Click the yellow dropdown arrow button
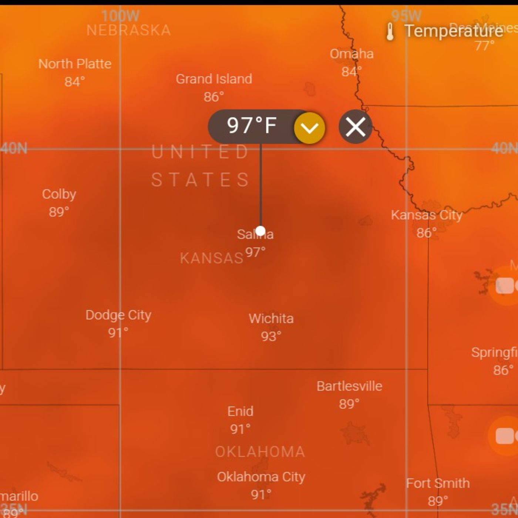click(309, 128)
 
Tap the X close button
click(355, 127)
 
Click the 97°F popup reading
click(252, 125)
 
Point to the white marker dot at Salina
click(260, 231)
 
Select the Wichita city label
click(271, 319)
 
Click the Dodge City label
click(118, 315)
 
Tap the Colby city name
click(59, 194)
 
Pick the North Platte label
click(75, 64)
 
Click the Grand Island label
click(214, 79)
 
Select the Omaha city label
click(351, 54)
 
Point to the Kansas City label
click(427, 215)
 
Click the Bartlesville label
click(349, 386)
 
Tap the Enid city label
click(240, 411)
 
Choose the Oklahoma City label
click(261, 477)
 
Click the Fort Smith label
click(438, 483)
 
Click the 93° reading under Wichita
click(271, 336)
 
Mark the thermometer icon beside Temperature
click(390, 31)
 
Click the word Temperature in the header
click(454, 31)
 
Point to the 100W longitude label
click(120, 16)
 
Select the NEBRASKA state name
click(129, 30)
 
